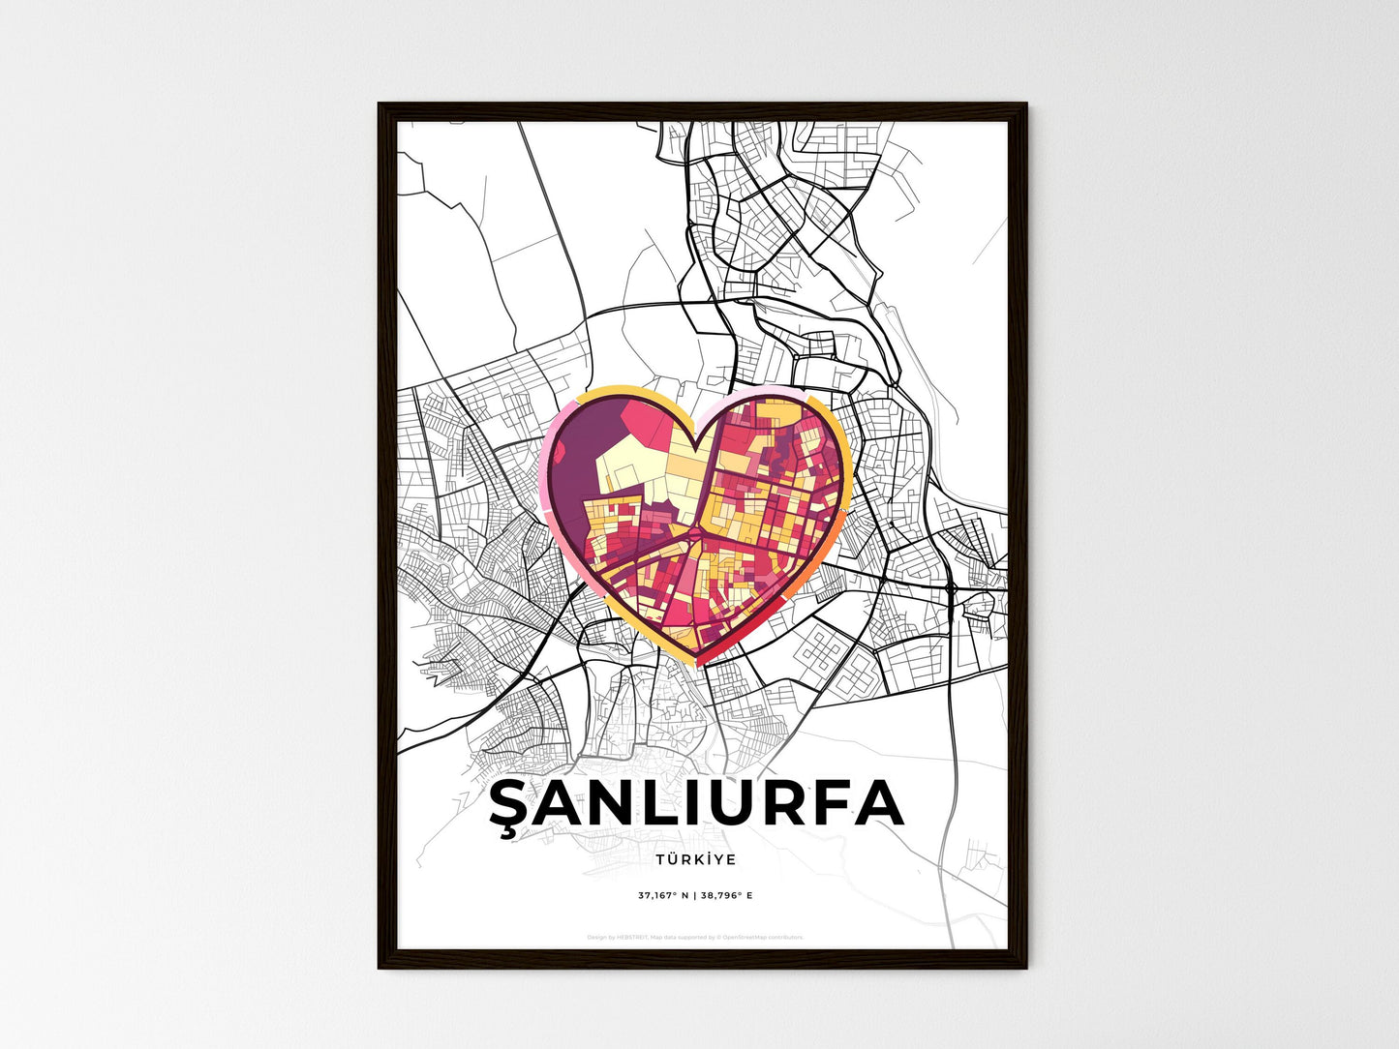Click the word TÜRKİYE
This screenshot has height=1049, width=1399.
[x=695, y=859]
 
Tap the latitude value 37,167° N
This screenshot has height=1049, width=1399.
[x=663, y=895]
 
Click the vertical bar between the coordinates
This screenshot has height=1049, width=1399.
[x=694, y=895]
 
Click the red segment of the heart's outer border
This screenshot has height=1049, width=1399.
[x=745, y=643]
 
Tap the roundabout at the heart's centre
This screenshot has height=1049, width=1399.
[x=695, y=531]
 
